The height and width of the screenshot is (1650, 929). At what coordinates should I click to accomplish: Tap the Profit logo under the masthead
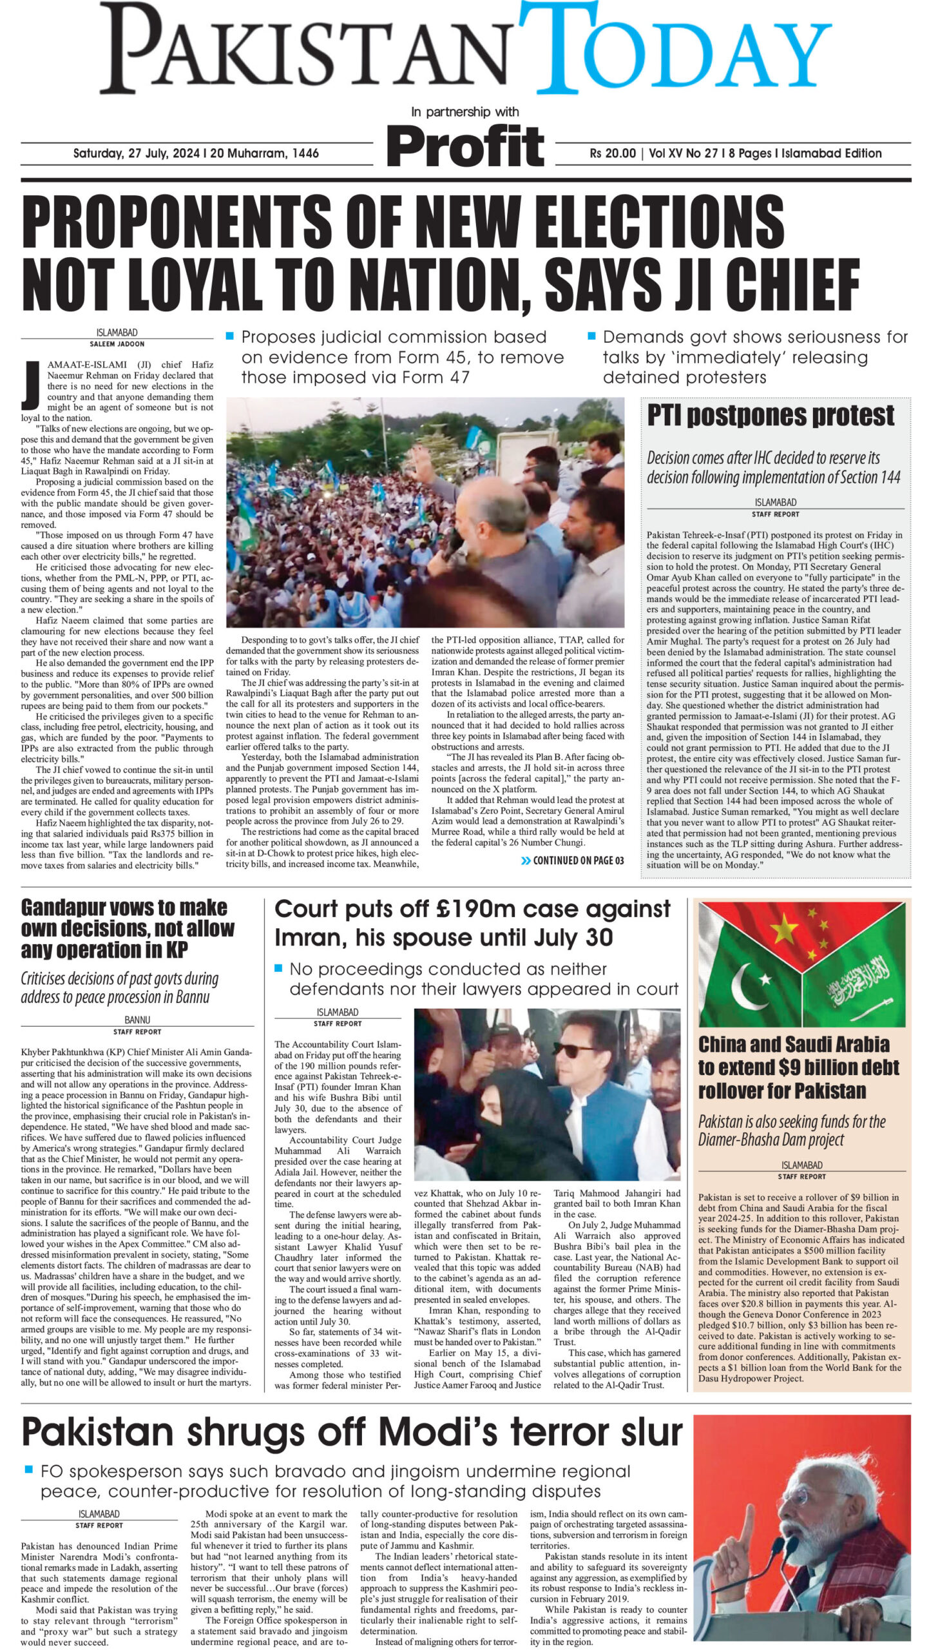click(x=465, y=147)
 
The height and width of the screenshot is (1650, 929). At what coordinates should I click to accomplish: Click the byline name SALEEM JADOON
click(x=117, y=344)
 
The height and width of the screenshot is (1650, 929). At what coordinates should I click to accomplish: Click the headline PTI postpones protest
click(x=771, y=416)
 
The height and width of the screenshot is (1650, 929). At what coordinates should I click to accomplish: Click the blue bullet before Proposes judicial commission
click(x=229, y=336)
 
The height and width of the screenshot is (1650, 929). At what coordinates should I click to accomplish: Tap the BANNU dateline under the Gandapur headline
click(x=137, y=1020)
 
